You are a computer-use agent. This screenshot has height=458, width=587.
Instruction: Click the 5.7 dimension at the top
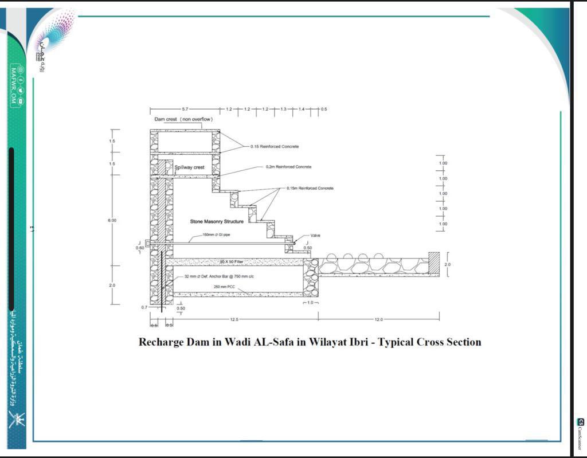(185, 109)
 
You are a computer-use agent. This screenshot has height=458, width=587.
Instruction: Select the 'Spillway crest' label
(190, 167)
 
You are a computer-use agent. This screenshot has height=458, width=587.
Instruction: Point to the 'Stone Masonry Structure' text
(217, 221)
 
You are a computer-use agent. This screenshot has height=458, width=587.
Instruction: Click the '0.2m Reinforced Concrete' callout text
(288, 167)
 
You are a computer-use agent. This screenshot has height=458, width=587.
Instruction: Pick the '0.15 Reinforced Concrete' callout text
(274, 147)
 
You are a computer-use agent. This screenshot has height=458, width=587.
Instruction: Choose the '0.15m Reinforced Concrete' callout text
(310, 188)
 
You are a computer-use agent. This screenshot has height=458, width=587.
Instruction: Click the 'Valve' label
(315, 236)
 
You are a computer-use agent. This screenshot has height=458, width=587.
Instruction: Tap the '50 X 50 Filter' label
(232, 261)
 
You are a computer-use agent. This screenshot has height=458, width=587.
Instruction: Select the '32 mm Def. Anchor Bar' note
(219, 276)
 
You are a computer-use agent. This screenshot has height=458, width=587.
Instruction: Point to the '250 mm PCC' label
(225, 286)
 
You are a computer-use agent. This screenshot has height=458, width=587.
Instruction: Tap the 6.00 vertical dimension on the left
(112, 220)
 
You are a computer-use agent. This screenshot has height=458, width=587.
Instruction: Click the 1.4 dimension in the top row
(302, 109)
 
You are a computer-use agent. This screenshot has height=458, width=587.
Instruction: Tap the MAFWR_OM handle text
(14, 87)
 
